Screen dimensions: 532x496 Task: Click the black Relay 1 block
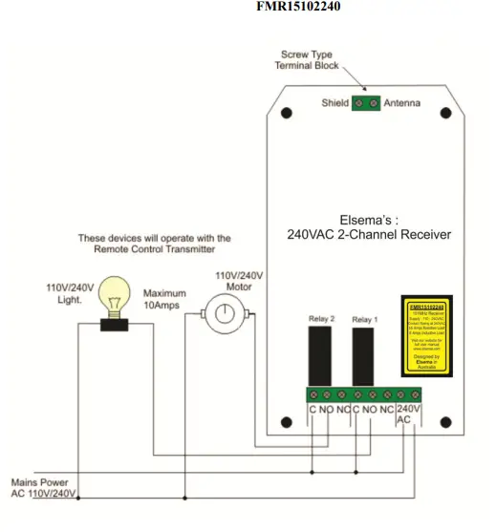(362, 355)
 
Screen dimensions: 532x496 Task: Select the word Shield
(334, 102)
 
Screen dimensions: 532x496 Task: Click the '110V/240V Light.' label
(70, 292)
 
